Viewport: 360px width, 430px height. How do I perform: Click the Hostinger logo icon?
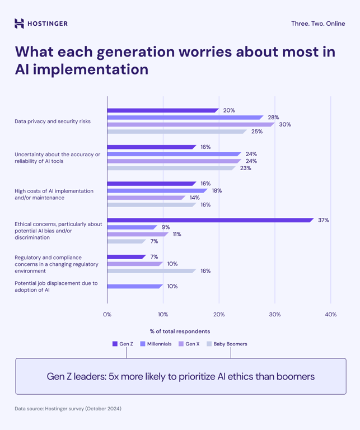point(19,24)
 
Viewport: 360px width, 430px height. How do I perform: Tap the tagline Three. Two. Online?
point(318,24)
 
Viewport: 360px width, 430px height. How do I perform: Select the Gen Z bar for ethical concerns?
point(210,220)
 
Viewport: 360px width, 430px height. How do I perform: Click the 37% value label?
point(323,220)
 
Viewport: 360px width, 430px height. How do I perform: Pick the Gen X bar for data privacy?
point(190,124)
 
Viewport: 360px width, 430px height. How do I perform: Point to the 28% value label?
point(273,118)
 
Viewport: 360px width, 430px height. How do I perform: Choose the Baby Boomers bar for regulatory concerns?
point(151,271)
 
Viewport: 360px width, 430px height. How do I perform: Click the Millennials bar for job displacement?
point(134,286)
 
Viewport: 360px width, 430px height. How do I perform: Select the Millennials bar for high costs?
point(157,190)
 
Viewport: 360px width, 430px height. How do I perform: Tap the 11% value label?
point(177,234)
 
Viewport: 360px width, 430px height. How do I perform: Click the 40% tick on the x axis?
point(330,315)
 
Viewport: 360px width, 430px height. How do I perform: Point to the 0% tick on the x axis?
point(107,315)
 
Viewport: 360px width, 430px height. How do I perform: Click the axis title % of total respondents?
point(180,331)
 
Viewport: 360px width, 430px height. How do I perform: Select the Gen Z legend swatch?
point(115,344)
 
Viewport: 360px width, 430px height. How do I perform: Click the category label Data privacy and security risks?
point(53,121)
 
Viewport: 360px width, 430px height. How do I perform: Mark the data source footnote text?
point(68,409)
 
